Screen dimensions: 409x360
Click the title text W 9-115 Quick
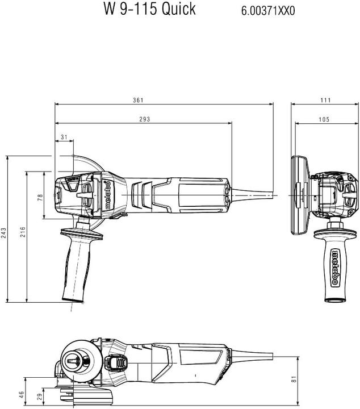click(149, 9)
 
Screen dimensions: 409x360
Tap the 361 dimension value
click(138, 100)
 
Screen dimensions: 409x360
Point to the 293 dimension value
click(143, 119)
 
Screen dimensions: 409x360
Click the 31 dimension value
click(64, 137)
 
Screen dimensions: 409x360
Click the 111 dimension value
click(325, 100)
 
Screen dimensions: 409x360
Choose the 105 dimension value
click(324, 119)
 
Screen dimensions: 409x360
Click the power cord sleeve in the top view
click(250, 195)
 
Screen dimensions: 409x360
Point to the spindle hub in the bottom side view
click(74, 358)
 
